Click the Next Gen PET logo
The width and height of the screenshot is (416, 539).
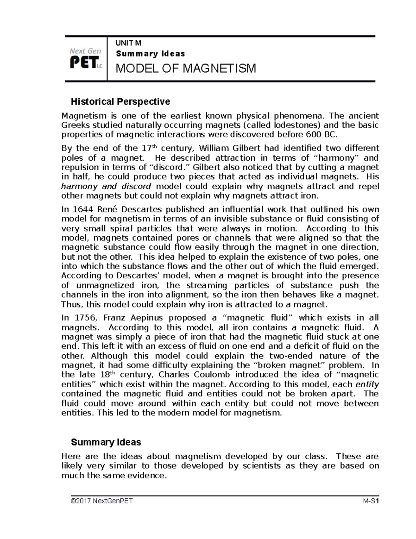86,59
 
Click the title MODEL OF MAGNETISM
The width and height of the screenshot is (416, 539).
186,69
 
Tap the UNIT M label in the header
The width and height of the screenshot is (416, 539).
128,43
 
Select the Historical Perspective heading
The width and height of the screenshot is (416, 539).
120,102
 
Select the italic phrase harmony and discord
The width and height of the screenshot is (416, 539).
106,186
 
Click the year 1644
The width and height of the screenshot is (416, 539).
83,210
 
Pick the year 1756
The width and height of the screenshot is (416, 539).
83,318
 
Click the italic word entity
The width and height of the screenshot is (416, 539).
367,385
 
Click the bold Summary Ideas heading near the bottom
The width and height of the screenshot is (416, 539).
106,442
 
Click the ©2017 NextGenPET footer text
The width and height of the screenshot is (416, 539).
101,501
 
